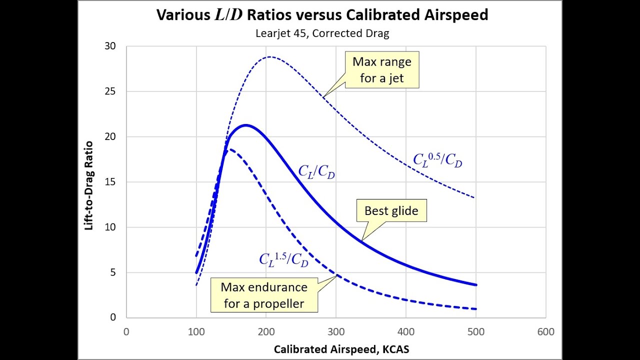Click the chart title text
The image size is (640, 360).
(322, 15)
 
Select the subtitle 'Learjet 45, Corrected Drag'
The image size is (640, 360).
(322, 34)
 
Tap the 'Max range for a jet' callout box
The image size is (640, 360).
(382, 70)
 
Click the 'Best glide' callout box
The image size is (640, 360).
(391, 210)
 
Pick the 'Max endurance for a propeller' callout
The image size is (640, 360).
(264, 295)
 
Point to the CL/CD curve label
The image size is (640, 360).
(316, 171)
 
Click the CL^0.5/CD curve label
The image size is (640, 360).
(437, 159)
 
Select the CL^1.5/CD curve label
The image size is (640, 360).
(283, 259)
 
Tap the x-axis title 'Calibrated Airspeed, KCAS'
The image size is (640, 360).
(341, 349)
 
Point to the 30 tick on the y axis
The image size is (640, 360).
(110, 46)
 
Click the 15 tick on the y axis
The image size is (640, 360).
(110, 182)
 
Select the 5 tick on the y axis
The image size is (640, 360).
(112, 272)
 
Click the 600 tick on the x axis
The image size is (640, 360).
(545, 331)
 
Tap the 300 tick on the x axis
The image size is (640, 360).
(336, 331)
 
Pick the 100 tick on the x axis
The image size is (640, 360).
(196, 331)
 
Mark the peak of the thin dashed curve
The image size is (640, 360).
(269, 56)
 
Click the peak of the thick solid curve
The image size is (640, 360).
(245, 125)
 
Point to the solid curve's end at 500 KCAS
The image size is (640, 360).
(475, 284)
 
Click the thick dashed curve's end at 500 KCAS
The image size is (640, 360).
(475, 308)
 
